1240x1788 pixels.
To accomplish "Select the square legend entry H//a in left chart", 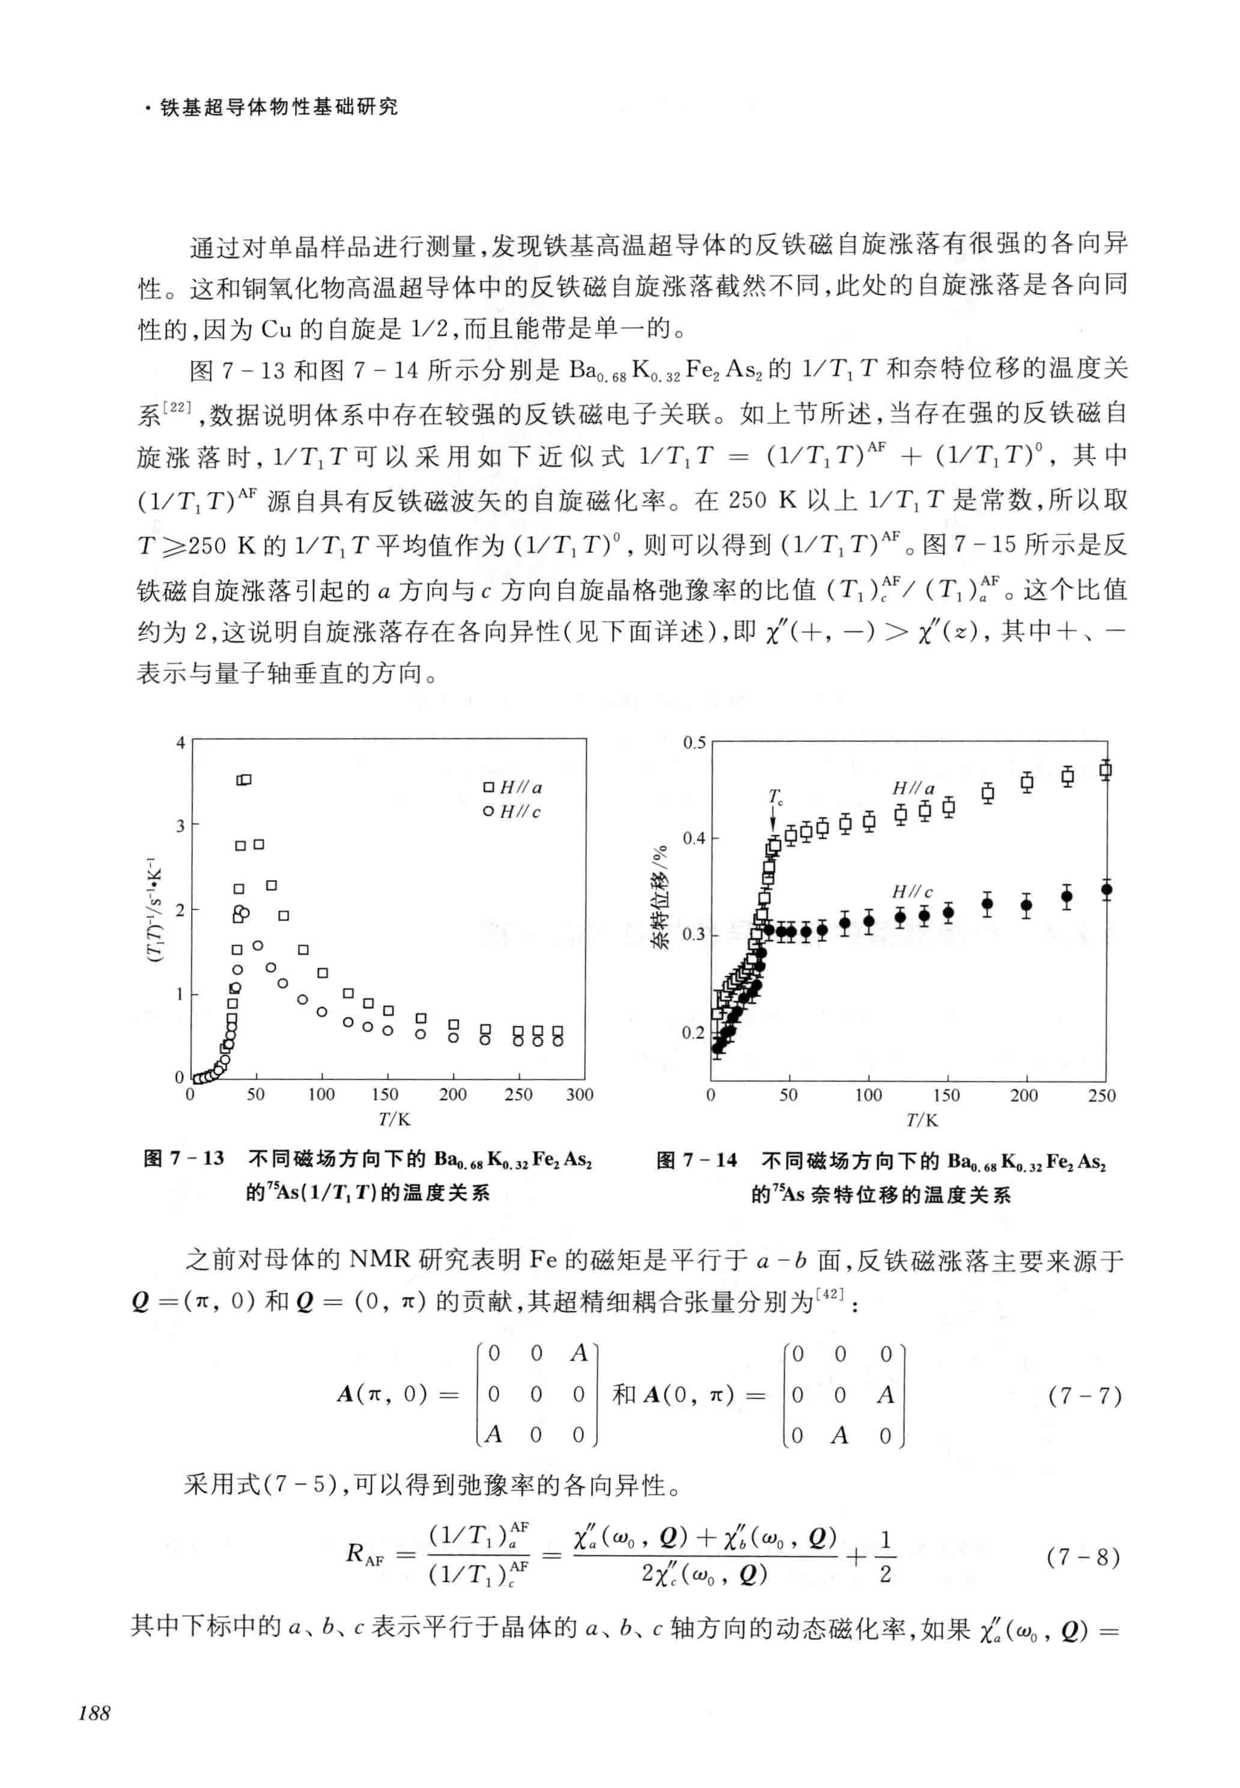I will pyautogui.click(x=513, y=787).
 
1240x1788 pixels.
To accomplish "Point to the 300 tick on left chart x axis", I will pyautogui.click(x=580, y=1095).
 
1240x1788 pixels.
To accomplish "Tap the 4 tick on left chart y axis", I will pyautogui.click(x=180, y=742).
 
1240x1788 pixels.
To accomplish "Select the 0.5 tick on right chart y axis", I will pyautogui.click(x=694, y=743).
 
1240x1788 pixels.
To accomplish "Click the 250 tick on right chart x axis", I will pyautogui.click(x=1102, y=1096).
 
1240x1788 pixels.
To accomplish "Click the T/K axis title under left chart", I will pyautogui.click(x=394, y=1119).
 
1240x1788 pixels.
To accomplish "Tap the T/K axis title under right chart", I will pyautogui.click(x=922, y=1120).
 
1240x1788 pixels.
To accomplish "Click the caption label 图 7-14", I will pyautogui.click(x=696, y=1160).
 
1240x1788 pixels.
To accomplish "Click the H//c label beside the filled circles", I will pyautogui.click(x=911, y=891).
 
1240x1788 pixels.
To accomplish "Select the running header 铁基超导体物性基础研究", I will pyautogui.click(x=278, y=107).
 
